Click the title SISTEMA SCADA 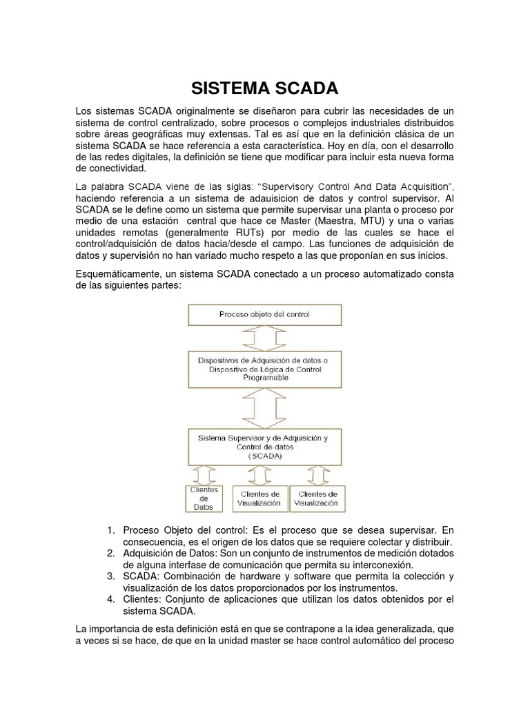[265, 88]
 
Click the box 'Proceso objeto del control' [265, 314]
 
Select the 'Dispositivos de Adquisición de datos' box [265, 369]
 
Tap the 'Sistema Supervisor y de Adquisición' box [265, 447]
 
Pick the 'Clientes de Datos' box [204, 498]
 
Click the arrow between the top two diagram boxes [265, 338]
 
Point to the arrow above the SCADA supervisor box [265, 408]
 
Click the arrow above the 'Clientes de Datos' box [205, 475]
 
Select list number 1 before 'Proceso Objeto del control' [111, 530]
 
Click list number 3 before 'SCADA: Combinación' [111, 576]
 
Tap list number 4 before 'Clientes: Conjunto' [111, 599]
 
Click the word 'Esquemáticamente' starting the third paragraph [117, 275]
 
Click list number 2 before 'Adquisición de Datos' [111, 553]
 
